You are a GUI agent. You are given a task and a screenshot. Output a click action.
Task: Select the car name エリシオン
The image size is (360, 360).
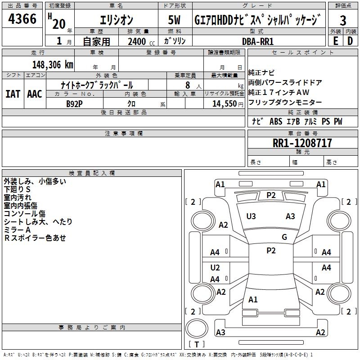tap(116, 21)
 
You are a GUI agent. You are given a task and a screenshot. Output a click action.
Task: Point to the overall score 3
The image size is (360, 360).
tap(343, 21)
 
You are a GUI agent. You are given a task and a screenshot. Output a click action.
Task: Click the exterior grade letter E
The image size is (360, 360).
tap(335, 40)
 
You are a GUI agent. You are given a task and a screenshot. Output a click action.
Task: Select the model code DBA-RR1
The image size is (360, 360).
tap(258, 41)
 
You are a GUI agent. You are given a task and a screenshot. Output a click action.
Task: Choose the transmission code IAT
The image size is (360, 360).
tap(13, 94)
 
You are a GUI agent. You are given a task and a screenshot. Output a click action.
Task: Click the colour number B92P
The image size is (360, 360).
tap(74, 103)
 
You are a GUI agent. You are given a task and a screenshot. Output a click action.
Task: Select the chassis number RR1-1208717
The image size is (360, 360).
tap(302, 143)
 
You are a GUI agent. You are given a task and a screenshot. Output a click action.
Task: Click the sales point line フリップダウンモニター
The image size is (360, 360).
tap(285, 103)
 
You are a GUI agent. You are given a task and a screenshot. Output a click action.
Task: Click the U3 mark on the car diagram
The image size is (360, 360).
tap(251, 216)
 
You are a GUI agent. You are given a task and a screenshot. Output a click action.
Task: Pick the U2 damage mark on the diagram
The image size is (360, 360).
tap(215, 268)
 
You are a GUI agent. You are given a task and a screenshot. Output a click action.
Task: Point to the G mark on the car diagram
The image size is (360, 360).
tap(284, 237)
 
